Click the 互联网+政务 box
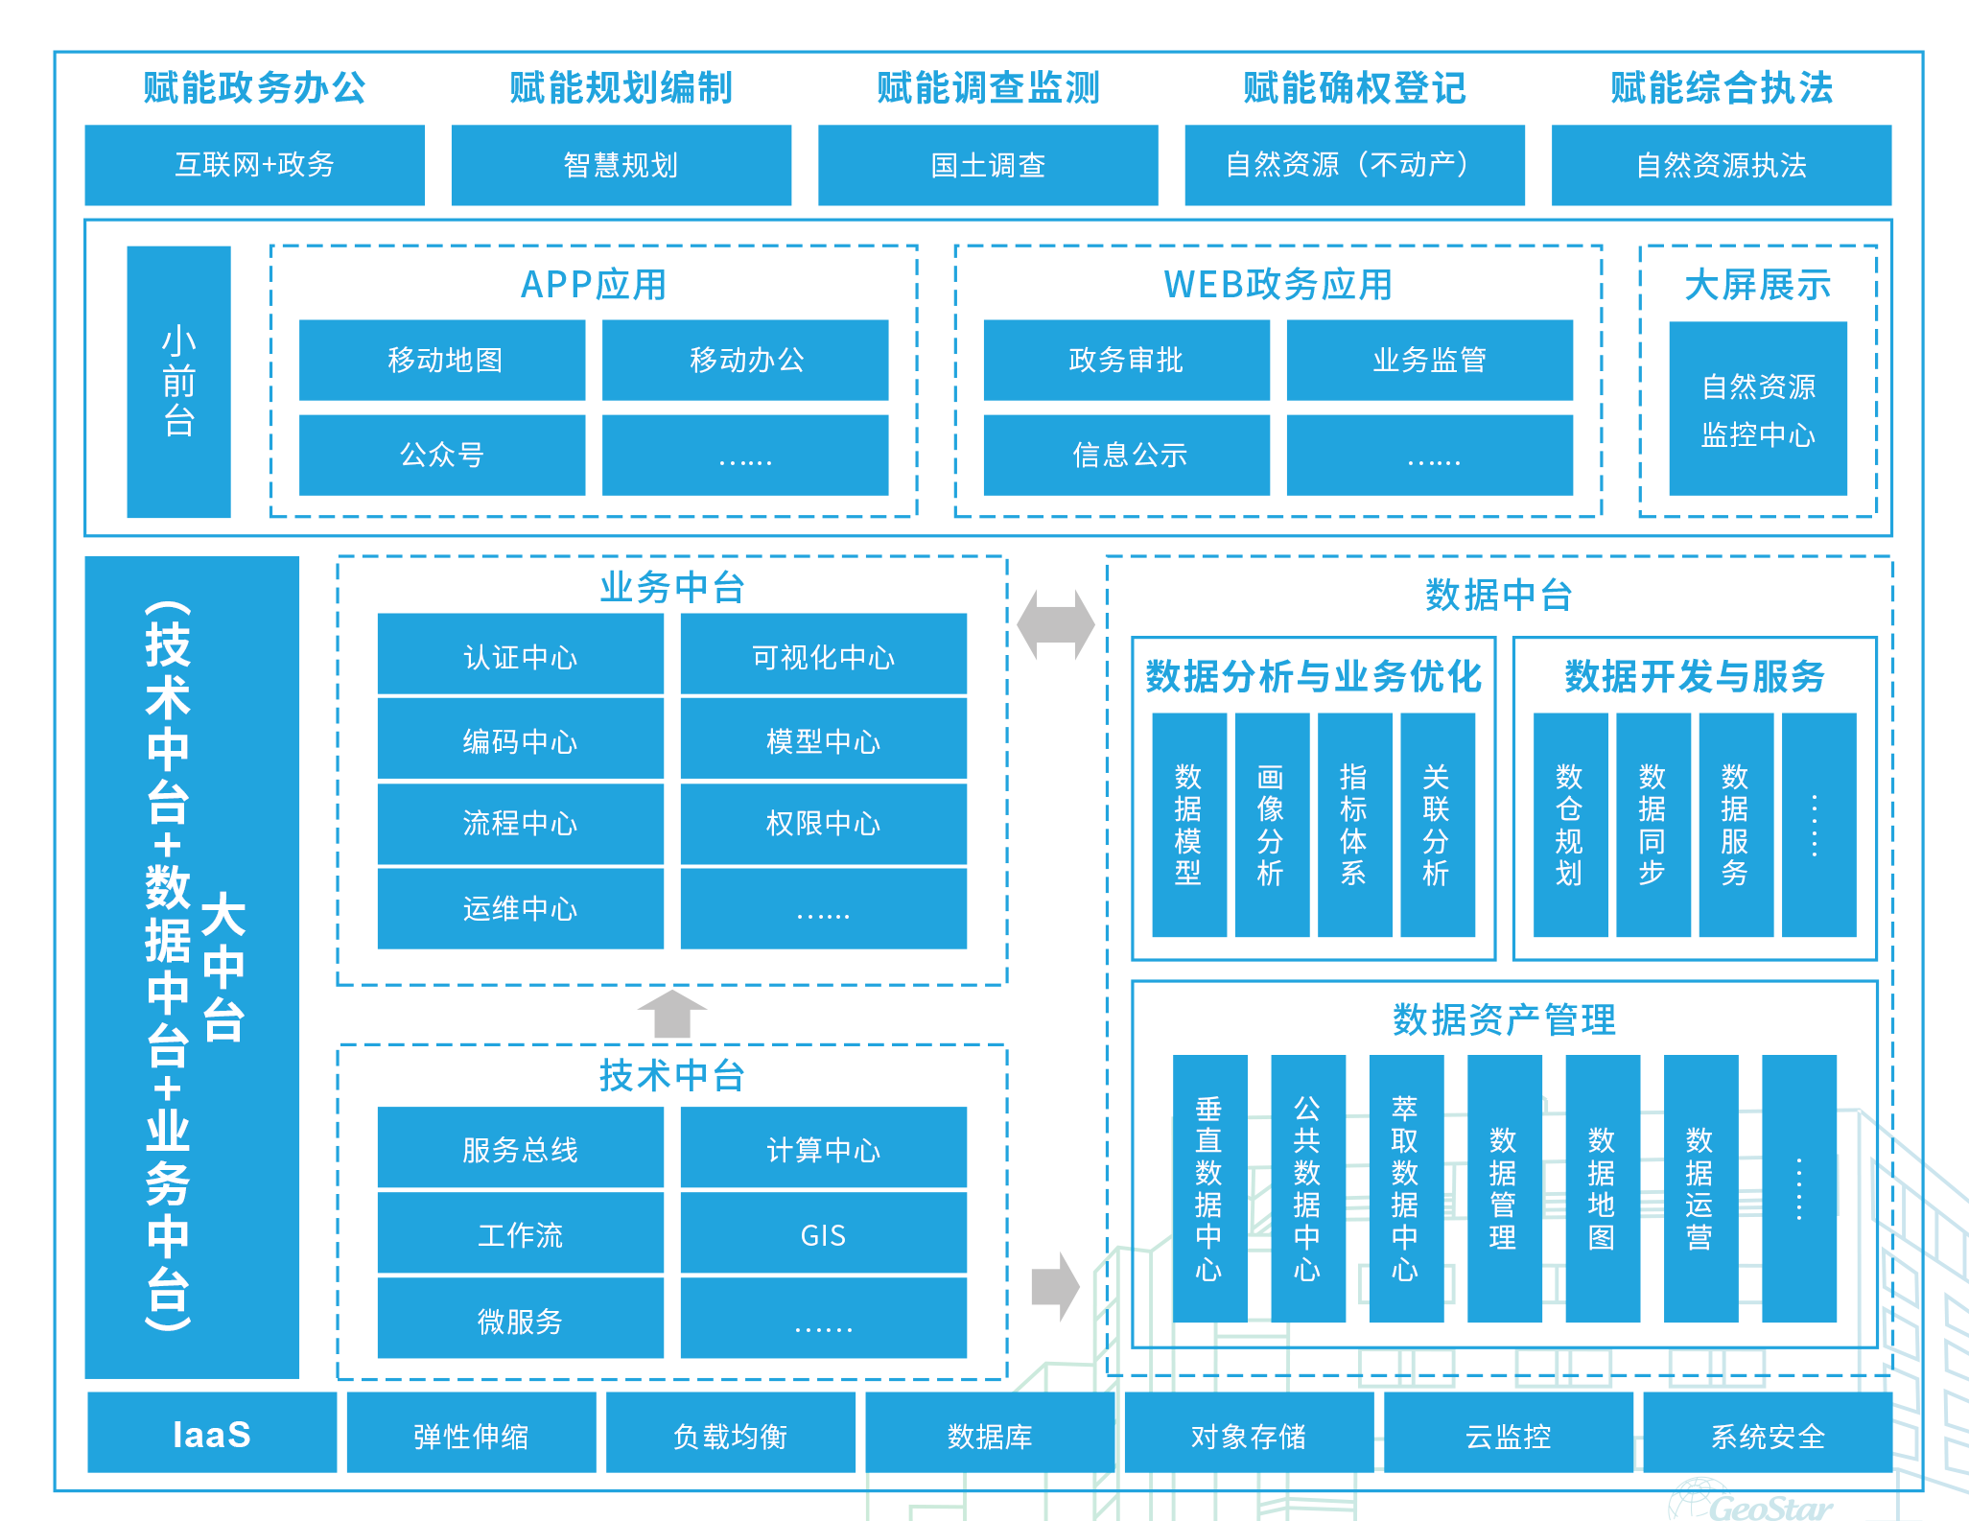point(254,165)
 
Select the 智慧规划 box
point(621,165)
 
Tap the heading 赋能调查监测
point(988,88)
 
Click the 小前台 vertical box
point(178,382)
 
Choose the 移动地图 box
point(442,360)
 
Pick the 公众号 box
point(442,455)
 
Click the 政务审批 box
point(1126,360)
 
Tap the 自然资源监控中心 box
point(1757,409)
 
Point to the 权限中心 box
point(823,824)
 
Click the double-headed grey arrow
point(1056,625)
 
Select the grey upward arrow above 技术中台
point(672,1013)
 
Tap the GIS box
point(823,1233)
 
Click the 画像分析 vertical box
point(1271,825)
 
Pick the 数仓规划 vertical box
point(1570,825)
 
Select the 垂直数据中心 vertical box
point(1209,1189)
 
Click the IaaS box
point(212,1433)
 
